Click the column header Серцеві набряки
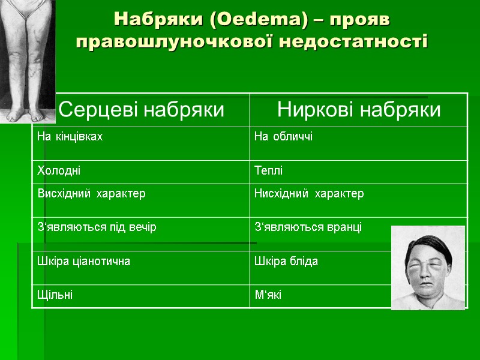click(142, 110)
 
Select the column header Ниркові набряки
click(359, 110)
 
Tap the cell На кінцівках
click(70, 137)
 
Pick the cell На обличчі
click(283, 137)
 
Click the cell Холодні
click(59, 170)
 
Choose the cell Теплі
click(269, 170)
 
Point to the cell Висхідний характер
click(91, 194)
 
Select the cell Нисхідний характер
click(309, 194)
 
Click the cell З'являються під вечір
click(97, 227)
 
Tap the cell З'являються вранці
click(308, 227)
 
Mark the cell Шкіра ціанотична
click(83, 261)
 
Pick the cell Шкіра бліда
click(286, 261)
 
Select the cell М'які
click(268, 295)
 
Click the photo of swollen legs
click(27, 60)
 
